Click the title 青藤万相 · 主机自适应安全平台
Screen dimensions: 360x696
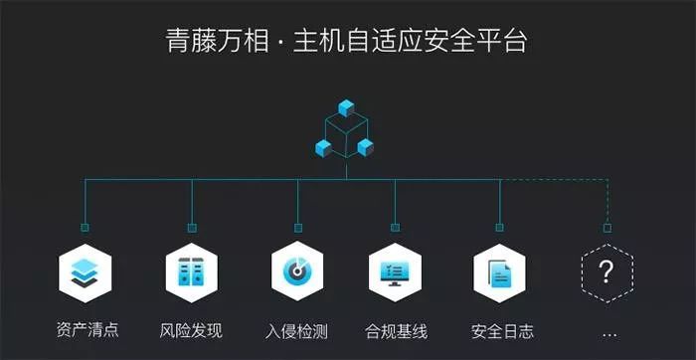[347, 41]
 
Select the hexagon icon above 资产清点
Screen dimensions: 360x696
[85, 270]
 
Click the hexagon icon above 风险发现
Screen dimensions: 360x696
[190, 270]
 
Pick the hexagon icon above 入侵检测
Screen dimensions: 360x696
[296, 270]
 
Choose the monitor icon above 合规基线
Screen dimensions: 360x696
[395, 270]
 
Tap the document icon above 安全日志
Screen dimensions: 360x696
[499, 270]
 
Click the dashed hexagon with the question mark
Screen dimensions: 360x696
[608, 270]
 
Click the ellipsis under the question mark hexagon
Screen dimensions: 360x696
[609, 333]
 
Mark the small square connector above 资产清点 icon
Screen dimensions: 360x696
[85, 228]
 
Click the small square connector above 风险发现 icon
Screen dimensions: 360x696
[190, 228]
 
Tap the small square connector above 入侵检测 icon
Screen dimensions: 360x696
[296, 228]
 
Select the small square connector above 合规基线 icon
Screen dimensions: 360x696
[395, 228]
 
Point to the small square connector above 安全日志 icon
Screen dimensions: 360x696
[499, 228]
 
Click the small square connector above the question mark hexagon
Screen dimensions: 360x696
[608, 228]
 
